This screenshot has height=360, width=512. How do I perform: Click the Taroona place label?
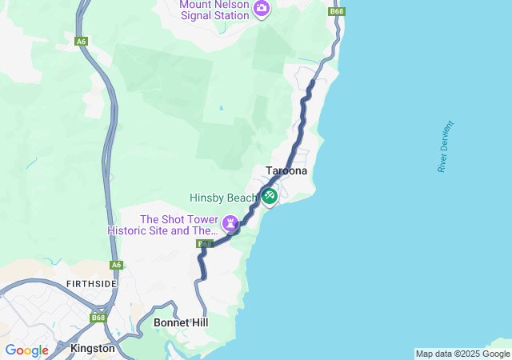pos(286,171)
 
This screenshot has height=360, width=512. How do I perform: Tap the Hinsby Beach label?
pos(223,198)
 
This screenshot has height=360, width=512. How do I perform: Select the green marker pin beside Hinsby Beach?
pos(269,195)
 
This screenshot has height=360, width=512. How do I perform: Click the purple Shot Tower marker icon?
pos(231,222)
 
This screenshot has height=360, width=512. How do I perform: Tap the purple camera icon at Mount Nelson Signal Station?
pos(262,9)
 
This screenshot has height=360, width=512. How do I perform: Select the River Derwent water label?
pos(446,146)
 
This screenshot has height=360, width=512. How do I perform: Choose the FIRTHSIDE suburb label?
pos(92,284)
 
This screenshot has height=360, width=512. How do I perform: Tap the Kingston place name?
pos(93,349)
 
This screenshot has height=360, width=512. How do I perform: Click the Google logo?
pos(26,350)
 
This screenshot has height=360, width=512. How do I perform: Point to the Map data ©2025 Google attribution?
pos(462,354)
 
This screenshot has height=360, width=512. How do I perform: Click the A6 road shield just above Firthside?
pos(117,265)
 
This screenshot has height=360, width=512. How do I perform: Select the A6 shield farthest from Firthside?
pos(81,41)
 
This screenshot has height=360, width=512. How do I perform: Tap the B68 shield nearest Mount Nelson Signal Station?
pos(337,11)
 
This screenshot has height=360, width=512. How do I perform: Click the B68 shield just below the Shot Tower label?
pos(205,244)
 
